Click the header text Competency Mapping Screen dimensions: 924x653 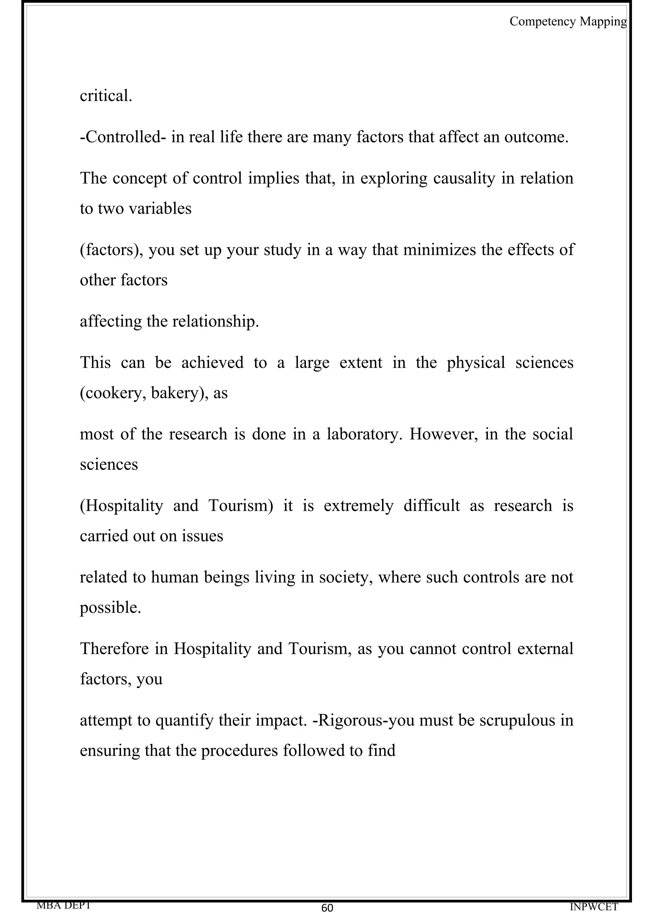[568, 21]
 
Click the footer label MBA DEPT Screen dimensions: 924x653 [63, 905]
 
